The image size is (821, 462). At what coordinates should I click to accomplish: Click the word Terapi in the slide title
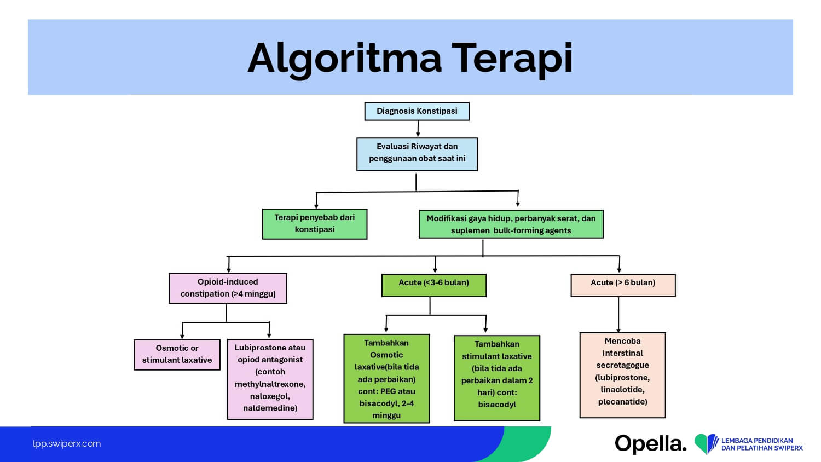coord(512,58)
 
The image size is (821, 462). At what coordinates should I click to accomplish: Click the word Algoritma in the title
coord(344,58)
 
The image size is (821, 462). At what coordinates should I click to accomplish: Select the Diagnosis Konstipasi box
coord(417,111)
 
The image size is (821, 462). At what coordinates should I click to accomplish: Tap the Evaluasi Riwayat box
coord(417,154)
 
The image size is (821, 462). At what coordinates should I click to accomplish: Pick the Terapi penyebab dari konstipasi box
coord(314,224)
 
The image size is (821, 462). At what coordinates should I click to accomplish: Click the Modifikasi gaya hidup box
coord(511,224)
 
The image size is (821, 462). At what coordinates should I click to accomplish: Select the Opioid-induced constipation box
coord(228,288)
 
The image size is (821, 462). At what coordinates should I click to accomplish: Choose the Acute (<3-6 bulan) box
coord(433,285)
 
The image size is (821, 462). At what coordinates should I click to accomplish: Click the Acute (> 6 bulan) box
coord(623,285)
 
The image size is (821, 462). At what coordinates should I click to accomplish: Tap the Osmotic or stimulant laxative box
coord(177,354)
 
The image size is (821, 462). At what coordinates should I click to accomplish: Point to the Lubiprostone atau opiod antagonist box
coord(270,379)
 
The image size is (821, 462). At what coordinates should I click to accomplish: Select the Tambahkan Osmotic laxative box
coord(386,379)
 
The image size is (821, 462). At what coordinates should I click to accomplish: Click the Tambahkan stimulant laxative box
coord(497,378)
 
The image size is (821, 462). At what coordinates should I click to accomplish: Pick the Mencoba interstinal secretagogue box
coord(622,375)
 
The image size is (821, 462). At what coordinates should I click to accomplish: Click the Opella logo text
coord(650,443)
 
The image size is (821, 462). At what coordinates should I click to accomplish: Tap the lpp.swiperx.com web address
coord(67,444)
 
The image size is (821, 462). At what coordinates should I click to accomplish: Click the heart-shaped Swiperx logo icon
coord(706,443)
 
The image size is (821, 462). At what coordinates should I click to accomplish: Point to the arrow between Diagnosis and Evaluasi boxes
coord(418,129)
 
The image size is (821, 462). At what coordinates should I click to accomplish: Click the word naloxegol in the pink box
coord(270,396)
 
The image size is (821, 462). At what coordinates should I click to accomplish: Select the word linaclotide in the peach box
coord(622,390)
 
